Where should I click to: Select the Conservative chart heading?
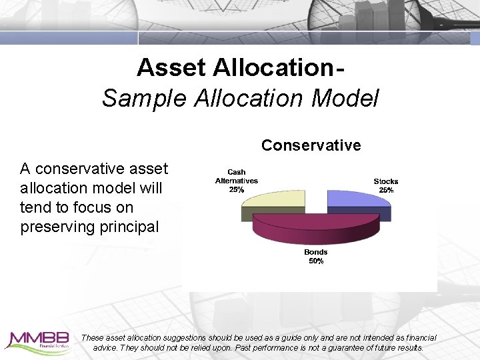tap(311, 145)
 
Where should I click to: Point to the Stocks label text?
tap(385, 181)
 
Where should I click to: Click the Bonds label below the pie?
tap(316, 252)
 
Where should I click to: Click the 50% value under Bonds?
tap(316, 261)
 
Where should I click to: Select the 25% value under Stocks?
tap(386, 190)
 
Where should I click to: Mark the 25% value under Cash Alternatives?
tap(236, 189)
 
